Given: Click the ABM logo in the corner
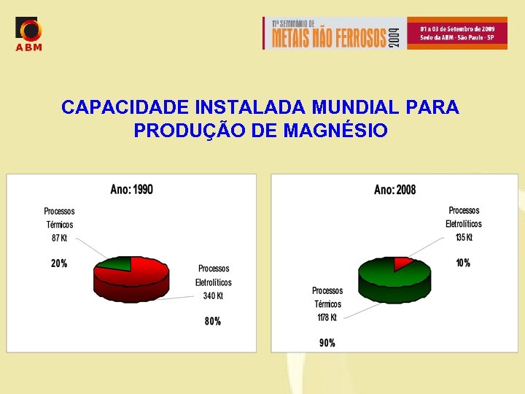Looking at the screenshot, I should point(29,34).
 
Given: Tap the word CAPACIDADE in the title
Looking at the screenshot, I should point(125,107).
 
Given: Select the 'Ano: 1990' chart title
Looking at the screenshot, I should point(132,190).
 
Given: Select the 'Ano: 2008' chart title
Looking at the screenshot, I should point(395,190).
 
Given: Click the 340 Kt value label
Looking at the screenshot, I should point(213,296).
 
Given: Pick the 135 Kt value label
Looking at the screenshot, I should point(464,237).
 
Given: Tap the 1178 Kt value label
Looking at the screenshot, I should point(327,317).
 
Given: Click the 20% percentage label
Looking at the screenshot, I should point(59,263).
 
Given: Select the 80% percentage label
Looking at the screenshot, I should point(212,321).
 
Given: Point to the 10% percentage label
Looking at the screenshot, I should point(463,263).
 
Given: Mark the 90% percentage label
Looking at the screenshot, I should point(327,342).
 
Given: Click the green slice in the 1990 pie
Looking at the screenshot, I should point(117,263).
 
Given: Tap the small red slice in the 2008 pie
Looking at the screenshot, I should point(401,262).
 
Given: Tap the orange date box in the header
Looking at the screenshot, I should point(456,32).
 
